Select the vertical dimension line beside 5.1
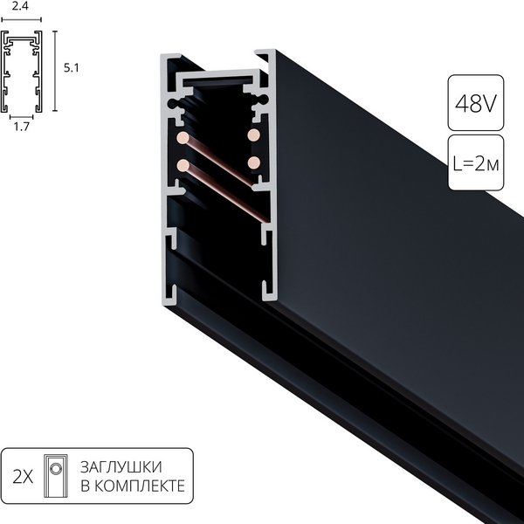[56, 72]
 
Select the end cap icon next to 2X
[57, 476]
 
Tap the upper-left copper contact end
[183, 138]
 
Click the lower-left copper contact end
[183, 164]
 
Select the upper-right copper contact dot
[254, 135]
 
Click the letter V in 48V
[488, 103]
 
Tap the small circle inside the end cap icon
[57, 470]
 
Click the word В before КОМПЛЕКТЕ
[85, 486]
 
